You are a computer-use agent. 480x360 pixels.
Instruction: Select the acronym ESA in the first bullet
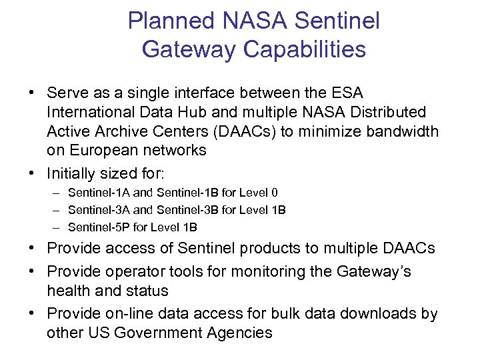click(347, 93)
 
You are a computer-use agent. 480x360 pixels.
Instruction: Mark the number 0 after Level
click(275, 193)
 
